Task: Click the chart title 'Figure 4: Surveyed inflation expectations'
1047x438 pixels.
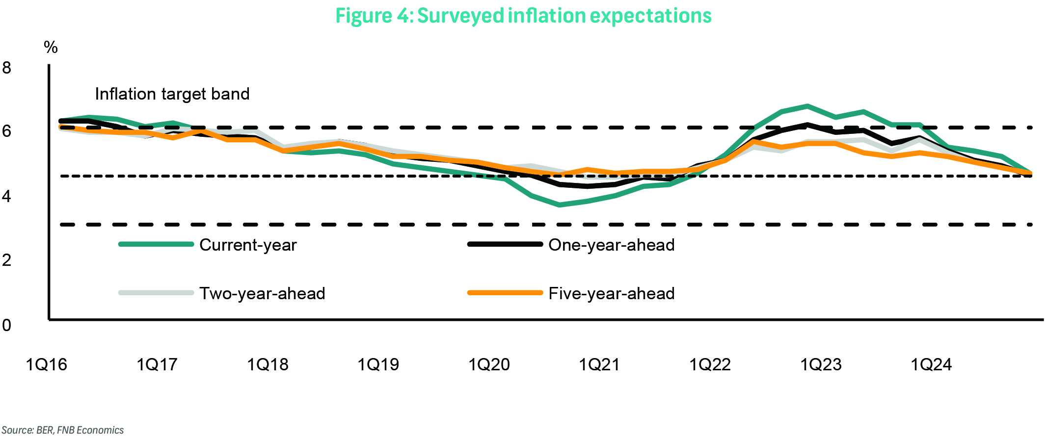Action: point(523,16)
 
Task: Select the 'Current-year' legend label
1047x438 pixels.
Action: point(248,245)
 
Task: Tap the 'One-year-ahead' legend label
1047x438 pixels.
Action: point(611,245)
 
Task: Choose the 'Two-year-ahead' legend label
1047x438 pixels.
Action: point(262,293)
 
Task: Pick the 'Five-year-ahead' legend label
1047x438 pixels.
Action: point(611,293)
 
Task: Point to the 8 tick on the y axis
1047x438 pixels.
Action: point(7,68)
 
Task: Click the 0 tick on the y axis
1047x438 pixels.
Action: point(7,325)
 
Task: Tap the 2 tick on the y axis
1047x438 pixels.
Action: point(7,260)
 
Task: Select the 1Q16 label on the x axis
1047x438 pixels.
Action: point(46,364)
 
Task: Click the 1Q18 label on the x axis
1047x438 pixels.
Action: point(268,364)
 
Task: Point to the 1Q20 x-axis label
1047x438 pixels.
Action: point(489,364)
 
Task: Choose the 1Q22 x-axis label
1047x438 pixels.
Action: point(710,364)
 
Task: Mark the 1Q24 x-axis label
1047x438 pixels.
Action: point(931,364)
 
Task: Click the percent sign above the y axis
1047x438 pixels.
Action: point(51,48)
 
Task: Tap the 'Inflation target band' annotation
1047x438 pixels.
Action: point(172,94)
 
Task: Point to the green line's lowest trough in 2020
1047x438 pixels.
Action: point(560,205)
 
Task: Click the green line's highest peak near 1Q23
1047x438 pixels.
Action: point(807,106)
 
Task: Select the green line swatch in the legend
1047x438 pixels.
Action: point(156,244)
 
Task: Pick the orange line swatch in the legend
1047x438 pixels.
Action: point(505,293)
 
